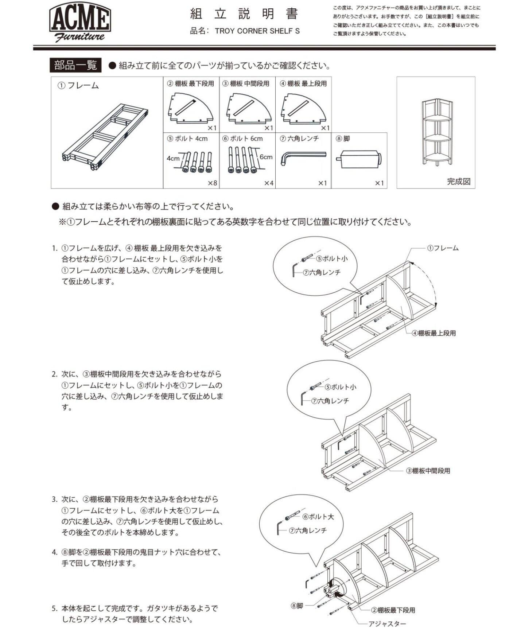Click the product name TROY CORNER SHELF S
coord(257,31)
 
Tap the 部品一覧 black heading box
coord(75,65)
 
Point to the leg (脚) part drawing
coord(359,159)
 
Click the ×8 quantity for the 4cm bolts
coord(212,183)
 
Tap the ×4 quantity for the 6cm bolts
coord(269,183)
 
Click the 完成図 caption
coord(459,182)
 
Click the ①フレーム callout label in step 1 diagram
coord(443,248)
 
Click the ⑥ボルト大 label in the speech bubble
coord(318,517)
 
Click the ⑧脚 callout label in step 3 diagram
coord(297,606)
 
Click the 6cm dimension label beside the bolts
coord(266,157)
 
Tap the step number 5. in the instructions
coord(54,608)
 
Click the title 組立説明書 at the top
coord(244,14)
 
